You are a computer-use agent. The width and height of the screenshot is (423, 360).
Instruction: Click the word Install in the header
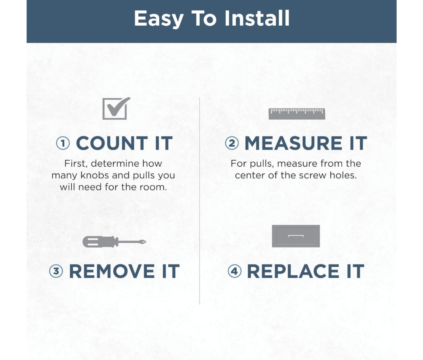pyautogui.click(x=257, y=18)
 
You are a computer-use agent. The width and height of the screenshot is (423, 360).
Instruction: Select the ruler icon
pyautogui.click(x=297, y=114)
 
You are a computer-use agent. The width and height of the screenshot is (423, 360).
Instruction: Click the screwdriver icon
pyautogui.click(x=114, y=241)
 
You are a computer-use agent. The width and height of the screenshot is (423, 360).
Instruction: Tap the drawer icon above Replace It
pyautogui.click(x=296, y=236)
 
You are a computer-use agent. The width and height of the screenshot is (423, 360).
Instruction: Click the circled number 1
pyautogui.click(x=63, y=143)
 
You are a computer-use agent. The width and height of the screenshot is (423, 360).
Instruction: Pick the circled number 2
pyautogui.click(x=232, y=143)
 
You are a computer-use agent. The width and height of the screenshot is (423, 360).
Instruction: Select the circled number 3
pyautogui.click(x=56, y=271)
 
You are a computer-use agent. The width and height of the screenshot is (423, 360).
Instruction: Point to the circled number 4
pyautogui.click(x=235, y=271)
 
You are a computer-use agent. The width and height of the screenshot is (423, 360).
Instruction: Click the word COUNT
pyautogui.click(x=112, y=143)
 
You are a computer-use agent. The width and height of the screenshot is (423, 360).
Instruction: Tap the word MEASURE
pyautogui.click(x=293, y=143)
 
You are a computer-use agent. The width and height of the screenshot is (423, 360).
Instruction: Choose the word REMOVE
pyautogui.click(x=112, y=271)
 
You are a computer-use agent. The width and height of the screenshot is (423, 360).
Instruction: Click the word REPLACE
pyautogui.click(x=293, y=271)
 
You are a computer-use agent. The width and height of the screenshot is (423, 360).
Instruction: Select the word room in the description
pyautogui.click(x=153, y=187)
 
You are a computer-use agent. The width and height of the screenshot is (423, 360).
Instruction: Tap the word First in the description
pyautogui.click(x=76, y=163)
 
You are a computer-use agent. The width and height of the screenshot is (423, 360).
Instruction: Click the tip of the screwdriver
pyautogui.click(x=145, y=241)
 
